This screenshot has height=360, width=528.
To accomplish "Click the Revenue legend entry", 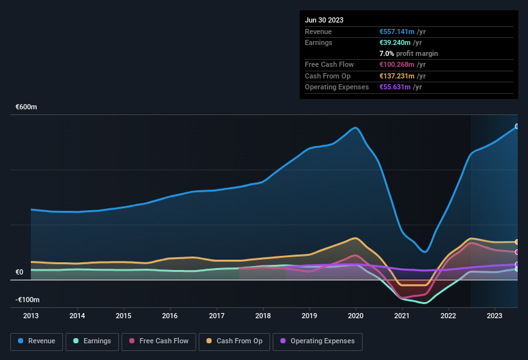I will click(x=37, y=341).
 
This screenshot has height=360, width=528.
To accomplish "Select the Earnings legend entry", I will click(x=92, y=341).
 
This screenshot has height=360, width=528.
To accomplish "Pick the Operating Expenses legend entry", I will click(x=318, y=341).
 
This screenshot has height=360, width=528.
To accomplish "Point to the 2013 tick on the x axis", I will click(x=31, y=316).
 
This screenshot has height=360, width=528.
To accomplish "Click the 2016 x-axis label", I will click(x=170, y=316).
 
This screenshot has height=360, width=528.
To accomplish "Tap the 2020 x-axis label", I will click(x=356, y=316).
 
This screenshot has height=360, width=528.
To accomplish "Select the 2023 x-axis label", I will click(x=495, y=316).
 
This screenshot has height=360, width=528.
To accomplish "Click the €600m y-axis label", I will click(x=26, y=107).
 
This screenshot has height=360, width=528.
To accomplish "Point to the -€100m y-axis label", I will click(x=28, y=300).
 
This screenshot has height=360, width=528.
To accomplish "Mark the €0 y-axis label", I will click(x=19, y=273).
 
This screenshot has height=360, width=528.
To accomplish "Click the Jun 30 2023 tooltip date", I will click(x=324, y=20).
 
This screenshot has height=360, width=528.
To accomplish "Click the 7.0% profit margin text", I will click(x=408, y=53).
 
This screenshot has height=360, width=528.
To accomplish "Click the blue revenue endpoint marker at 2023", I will click(x=517, y=127).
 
